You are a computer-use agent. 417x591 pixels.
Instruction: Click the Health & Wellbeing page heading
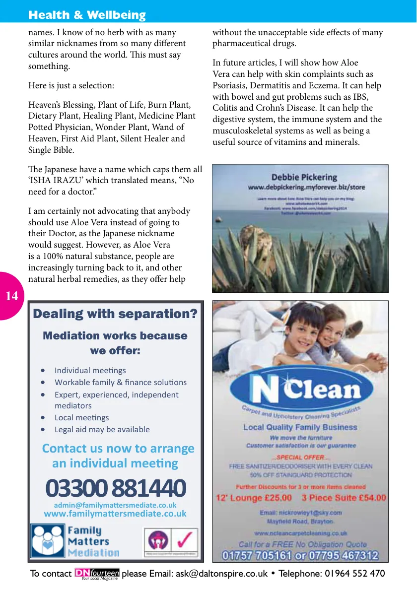87,15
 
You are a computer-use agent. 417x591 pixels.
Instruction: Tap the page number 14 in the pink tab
11,296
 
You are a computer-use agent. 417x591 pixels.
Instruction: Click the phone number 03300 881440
115,488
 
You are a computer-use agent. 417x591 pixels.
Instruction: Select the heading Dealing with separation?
115,314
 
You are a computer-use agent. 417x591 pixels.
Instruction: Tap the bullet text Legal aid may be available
102,429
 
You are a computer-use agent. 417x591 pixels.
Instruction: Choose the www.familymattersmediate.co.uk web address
115,514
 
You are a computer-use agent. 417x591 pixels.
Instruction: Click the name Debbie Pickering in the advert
304,177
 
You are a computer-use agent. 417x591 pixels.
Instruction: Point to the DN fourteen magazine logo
97,574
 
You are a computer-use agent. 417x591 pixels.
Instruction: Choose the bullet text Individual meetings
90,370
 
